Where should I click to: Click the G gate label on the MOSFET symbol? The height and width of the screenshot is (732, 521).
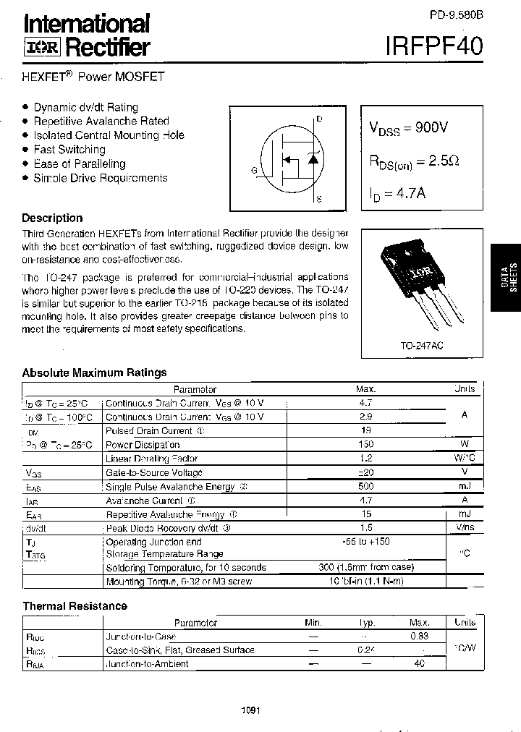click(x=254, y=171)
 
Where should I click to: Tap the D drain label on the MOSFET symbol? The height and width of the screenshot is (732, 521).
click(x=318, y=118)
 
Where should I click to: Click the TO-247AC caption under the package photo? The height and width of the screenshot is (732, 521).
click(x=423, y=346)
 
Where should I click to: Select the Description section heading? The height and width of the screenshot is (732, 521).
click(x=52, y=218)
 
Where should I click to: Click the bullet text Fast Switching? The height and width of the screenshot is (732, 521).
click(x=69, y=150)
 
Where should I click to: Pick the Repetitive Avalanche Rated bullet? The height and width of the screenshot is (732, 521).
click(x=101, y=122)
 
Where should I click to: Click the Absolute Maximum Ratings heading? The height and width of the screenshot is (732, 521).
click(x=94, y=373)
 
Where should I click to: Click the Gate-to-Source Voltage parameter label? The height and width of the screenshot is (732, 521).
click(x=154, y=472)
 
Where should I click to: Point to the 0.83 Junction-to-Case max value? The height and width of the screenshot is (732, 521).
click(x=420, y=636)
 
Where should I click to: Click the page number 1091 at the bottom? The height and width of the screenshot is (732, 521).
click(x=251, y=711)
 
